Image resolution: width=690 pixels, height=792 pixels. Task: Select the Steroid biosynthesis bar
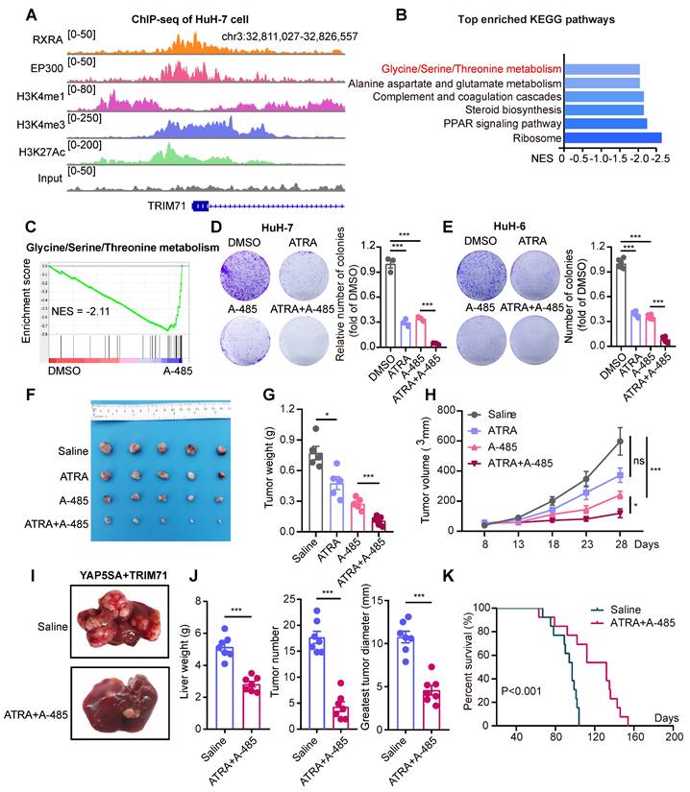(x=604, y=110)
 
